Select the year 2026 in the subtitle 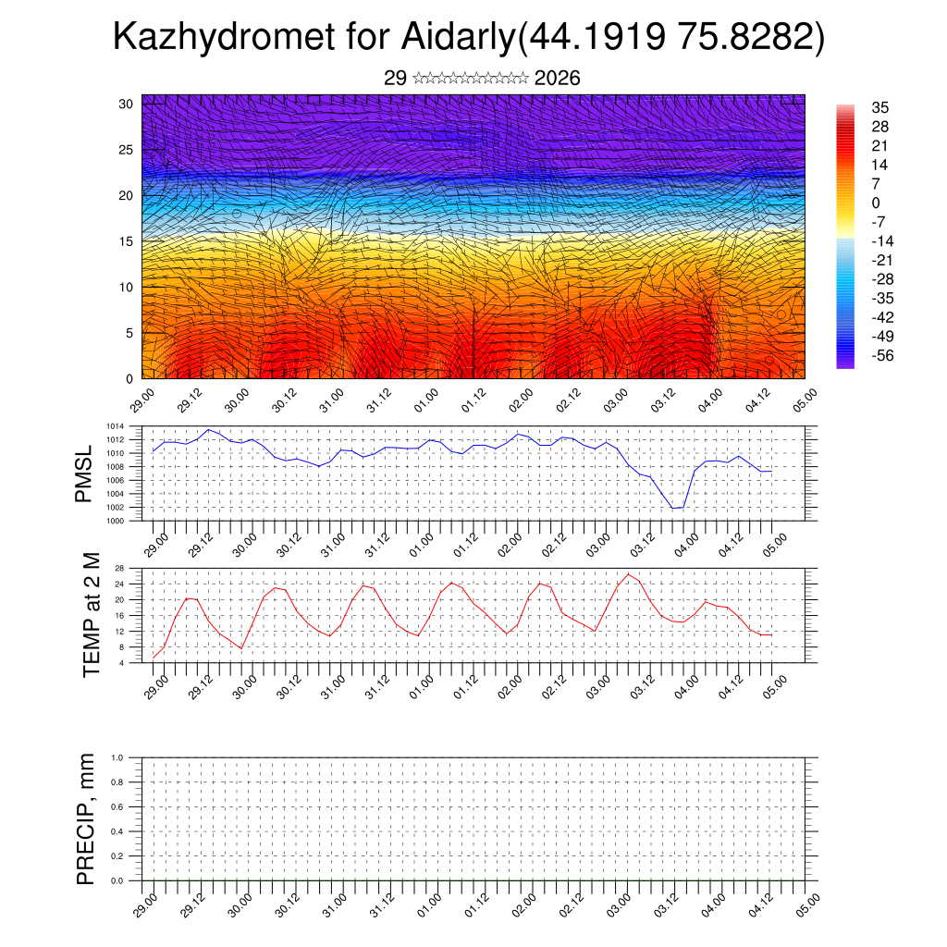click(558, 79)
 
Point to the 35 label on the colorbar click(879, 107)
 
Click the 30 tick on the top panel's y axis click(127, 104)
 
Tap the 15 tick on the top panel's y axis click(127, 241)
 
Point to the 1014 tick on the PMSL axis click(115, 426)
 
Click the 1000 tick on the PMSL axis click(115, 521)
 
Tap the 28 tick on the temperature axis click(119, 568)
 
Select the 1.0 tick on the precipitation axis click(117, 757)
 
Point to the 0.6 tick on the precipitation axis click(117, 807)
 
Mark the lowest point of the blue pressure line click(675, 509)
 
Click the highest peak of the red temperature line click(628, 574)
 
